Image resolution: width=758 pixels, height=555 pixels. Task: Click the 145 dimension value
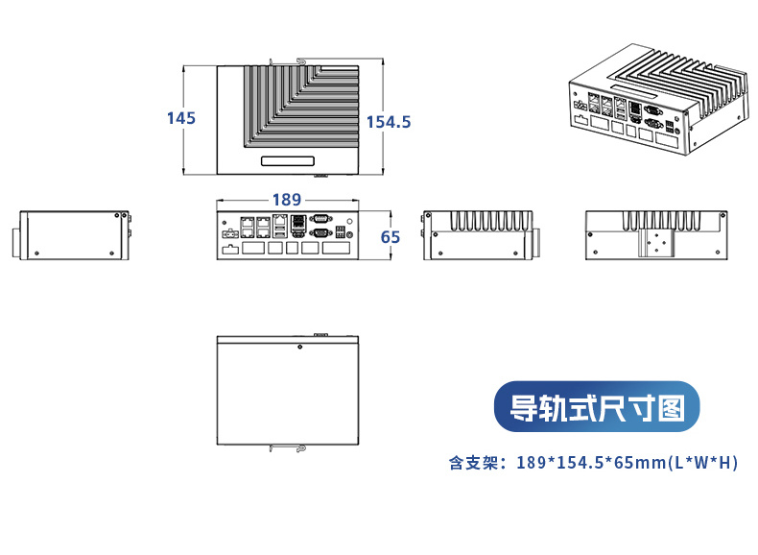click(180, 118)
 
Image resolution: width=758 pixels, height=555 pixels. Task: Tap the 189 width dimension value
click(286, 200)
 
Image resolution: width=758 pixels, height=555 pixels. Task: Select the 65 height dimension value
click(391, 237)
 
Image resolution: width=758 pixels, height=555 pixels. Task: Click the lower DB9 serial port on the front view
click(320, 232)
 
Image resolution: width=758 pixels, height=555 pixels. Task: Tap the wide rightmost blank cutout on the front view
click(337, 249)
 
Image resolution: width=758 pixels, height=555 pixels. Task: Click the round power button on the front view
click(349, 233)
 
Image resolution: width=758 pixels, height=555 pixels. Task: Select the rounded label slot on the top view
click(288, 161)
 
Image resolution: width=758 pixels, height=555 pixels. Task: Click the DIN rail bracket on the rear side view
click(657, 245)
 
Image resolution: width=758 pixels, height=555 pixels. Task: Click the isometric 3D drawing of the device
click(658, 101)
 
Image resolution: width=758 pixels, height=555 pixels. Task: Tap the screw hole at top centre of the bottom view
click(300, 347)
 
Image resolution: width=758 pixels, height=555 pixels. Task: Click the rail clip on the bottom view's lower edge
click(289, 446)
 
